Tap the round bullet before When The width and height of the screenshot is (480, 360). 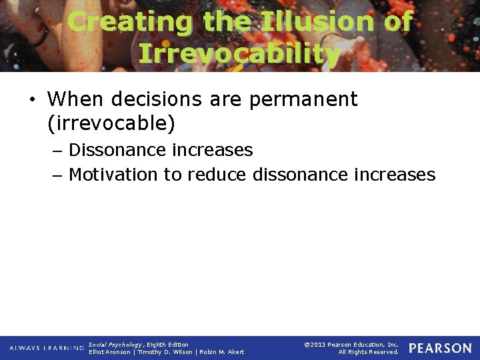33,101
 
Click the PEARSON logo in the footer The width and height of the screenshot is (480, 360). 440,348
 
